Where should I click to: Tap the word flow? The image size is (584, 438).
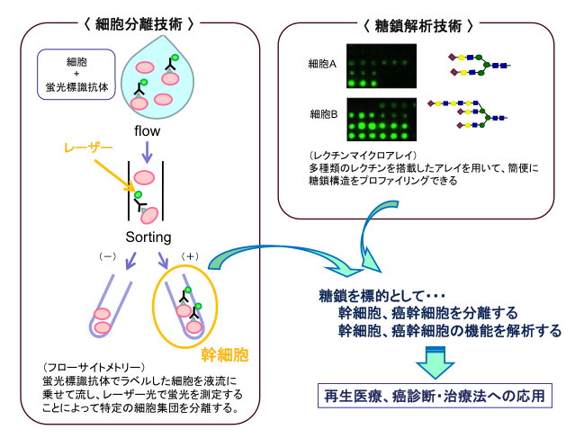tap(148, 131)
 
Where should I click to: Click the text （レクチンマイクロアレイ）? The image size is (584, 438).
tap(351, 156)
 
